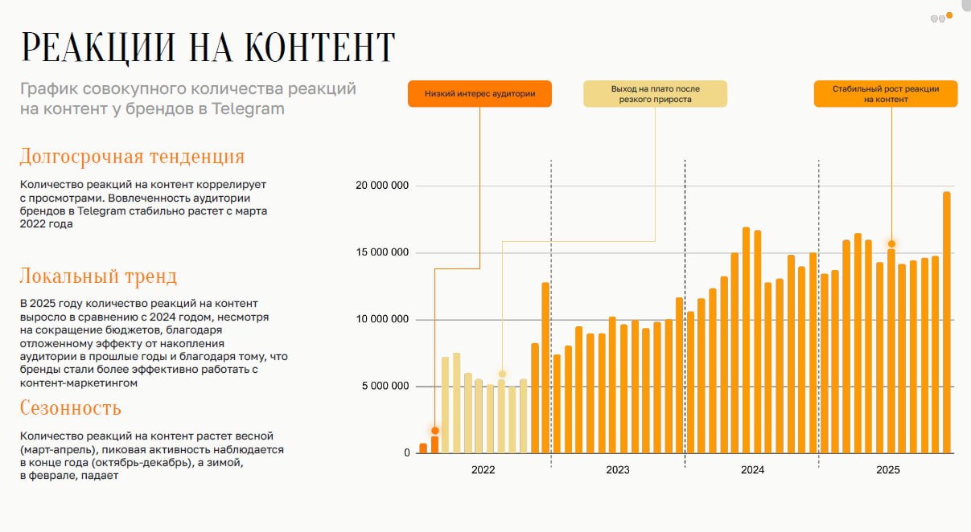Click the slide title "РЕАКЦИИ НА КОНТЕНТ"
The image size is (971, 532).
pos(208,47)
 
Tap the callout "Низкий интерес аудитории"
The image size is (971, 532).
pos(479,93)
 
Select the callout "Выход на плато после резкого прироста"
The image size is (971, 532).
pos(655,93)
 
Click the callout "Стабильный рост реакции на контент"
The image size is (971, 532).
pos(886,93)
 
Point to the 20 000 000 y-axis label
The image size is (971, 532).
pos(382,186)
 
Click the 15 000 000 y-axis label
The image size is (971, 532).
pos(382,253)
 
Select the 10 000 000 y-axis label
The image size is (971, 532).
pos(382,320)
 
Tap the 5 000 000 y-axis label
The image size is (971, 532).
pos(385,387)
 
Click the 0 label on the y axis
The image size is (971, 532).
pos(407,453)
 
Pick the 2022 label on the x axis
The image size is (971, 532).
pos(483,470)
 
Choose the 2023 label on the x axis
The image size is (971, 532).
pos(618,470)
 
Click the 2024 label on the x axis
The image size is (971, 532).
pos(752,470)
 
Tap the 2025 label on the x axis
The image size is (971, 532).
pos(887,470)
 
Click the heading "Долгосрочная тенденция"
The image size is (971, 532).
pos(132,156)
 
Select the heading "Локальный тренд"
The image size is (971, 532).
pos(98,276)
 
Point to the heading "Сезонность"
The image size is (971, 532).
pos(71,408)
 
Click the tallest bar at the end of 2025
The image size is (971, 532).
pos(947,322)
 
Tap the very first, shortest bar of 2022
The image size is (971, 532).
pos(423,448)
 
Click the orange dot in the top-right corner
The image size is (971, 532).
pos(949,15)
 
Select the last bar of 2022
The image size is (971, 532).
pos(545,368)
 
